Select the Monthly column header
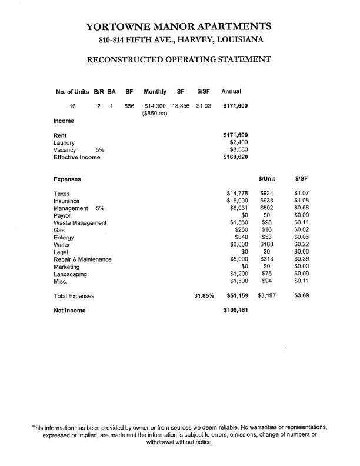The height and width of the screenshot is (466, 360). point(155,92)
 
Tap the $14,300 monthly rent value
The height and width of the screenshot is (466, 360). point(155,106)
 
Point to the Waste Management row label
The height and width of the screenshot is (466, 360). point(80,223)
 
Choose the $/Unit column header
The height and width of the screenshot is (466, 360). point(267,178)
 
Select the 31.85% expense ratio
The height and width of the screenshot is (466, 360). point(204,296)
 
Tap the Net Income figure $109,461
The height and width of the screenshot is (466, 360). point(235,311)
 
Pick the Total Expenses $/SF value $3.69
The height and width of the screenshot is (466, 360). point(302,296)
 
